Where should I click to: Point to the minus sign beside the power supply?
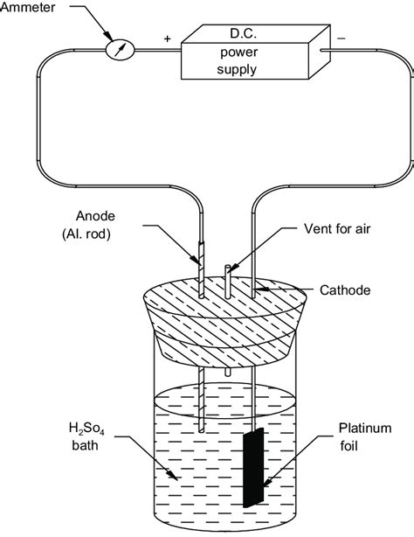pos(340,39)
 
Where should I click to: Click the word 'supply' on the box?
pos(235,68)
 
